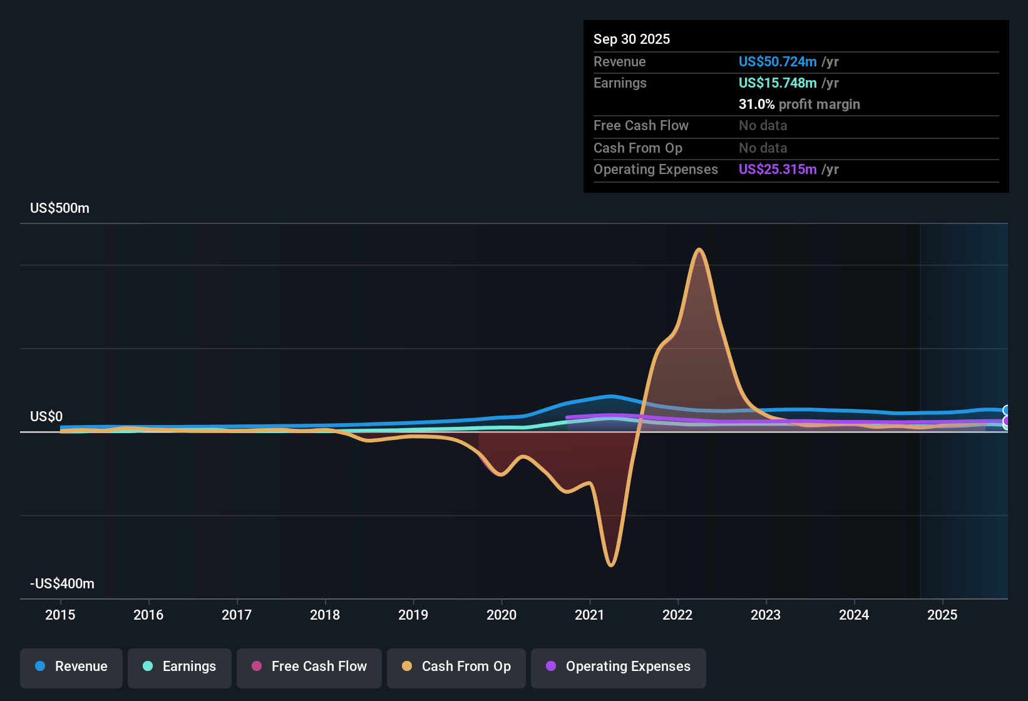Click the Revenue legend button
click(71, 667)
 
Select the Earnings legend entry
click(179, 667)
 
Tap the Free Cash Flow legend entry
click(309, 667)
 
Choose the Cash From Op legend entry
click(456, 667)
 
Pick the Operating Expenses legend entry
click(618, 667)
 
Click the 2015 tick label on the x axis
click(60, 615)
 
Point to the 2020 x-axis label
click(501, 615)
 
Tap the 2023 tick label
click(766, 615)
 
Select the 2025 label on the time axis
click(942, 615)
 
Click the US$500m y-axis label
click(59, 208)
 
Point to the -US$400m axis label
click(62, 583)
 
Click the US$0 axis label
click(46, 416)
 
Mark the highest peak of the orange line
click(699, 250)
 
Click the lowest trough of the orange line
click(611, 565)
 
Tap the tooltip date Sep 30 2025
click(631, 39)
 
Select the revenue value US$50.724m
click(777, 61)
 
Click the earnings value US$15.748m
click(777, 83)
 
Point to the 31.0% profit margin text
click(799, 104)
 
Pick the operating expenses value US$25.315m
click(777, 169)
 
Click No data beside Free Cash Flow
click(763, 125)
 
